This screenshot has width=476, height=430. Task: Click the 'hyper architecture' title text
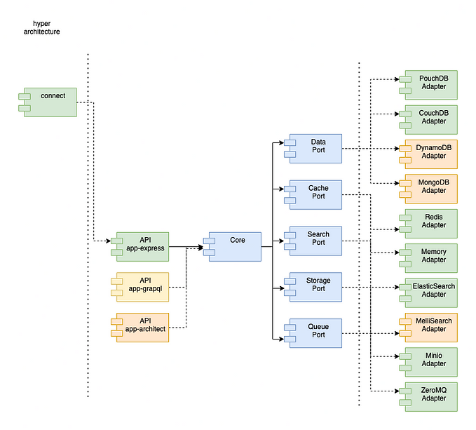[41, 27]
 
